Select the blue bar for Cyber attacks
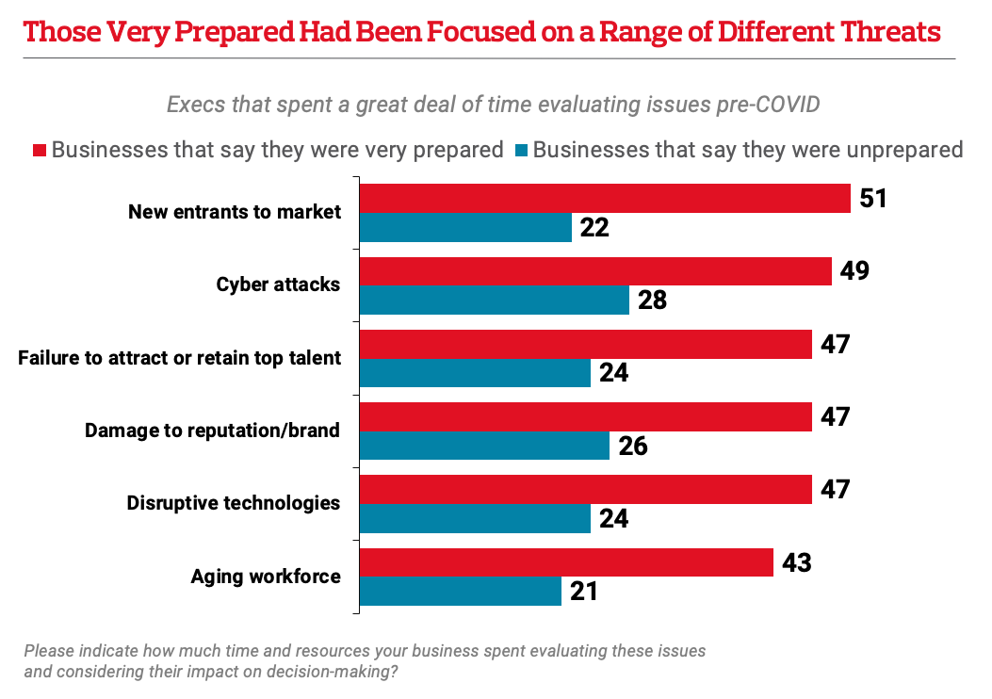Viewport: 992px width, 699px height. click(495, 301)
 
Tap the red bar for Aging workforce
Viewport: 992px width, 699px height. click(566, 562)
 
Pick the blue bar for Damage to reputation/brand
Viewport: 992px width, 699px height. click(485, 445)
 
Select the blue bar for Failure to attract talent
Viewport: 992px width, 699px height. click(476, 373)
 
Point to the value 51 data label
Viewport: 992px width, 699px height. click(874, 199)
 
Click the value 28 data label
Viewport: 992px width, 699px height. click(652, 301)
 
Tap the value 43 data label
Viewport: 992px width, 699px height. click(797, 562)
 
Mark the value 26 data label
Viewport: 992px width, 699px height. click(633, 445)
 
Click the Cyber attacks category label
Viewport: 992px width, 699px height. click(278, 284)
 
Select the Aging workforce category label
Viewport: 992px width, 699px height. click(266, 576)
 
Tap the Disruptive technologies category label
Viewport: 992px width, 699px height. click(234, 503)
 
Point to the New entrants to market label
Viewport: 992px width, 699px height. click(235, 212)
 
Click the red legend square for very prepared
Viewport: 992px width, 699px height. click(39, 150)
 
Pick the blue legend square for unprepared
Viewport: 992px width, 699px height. click(520, 150)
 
